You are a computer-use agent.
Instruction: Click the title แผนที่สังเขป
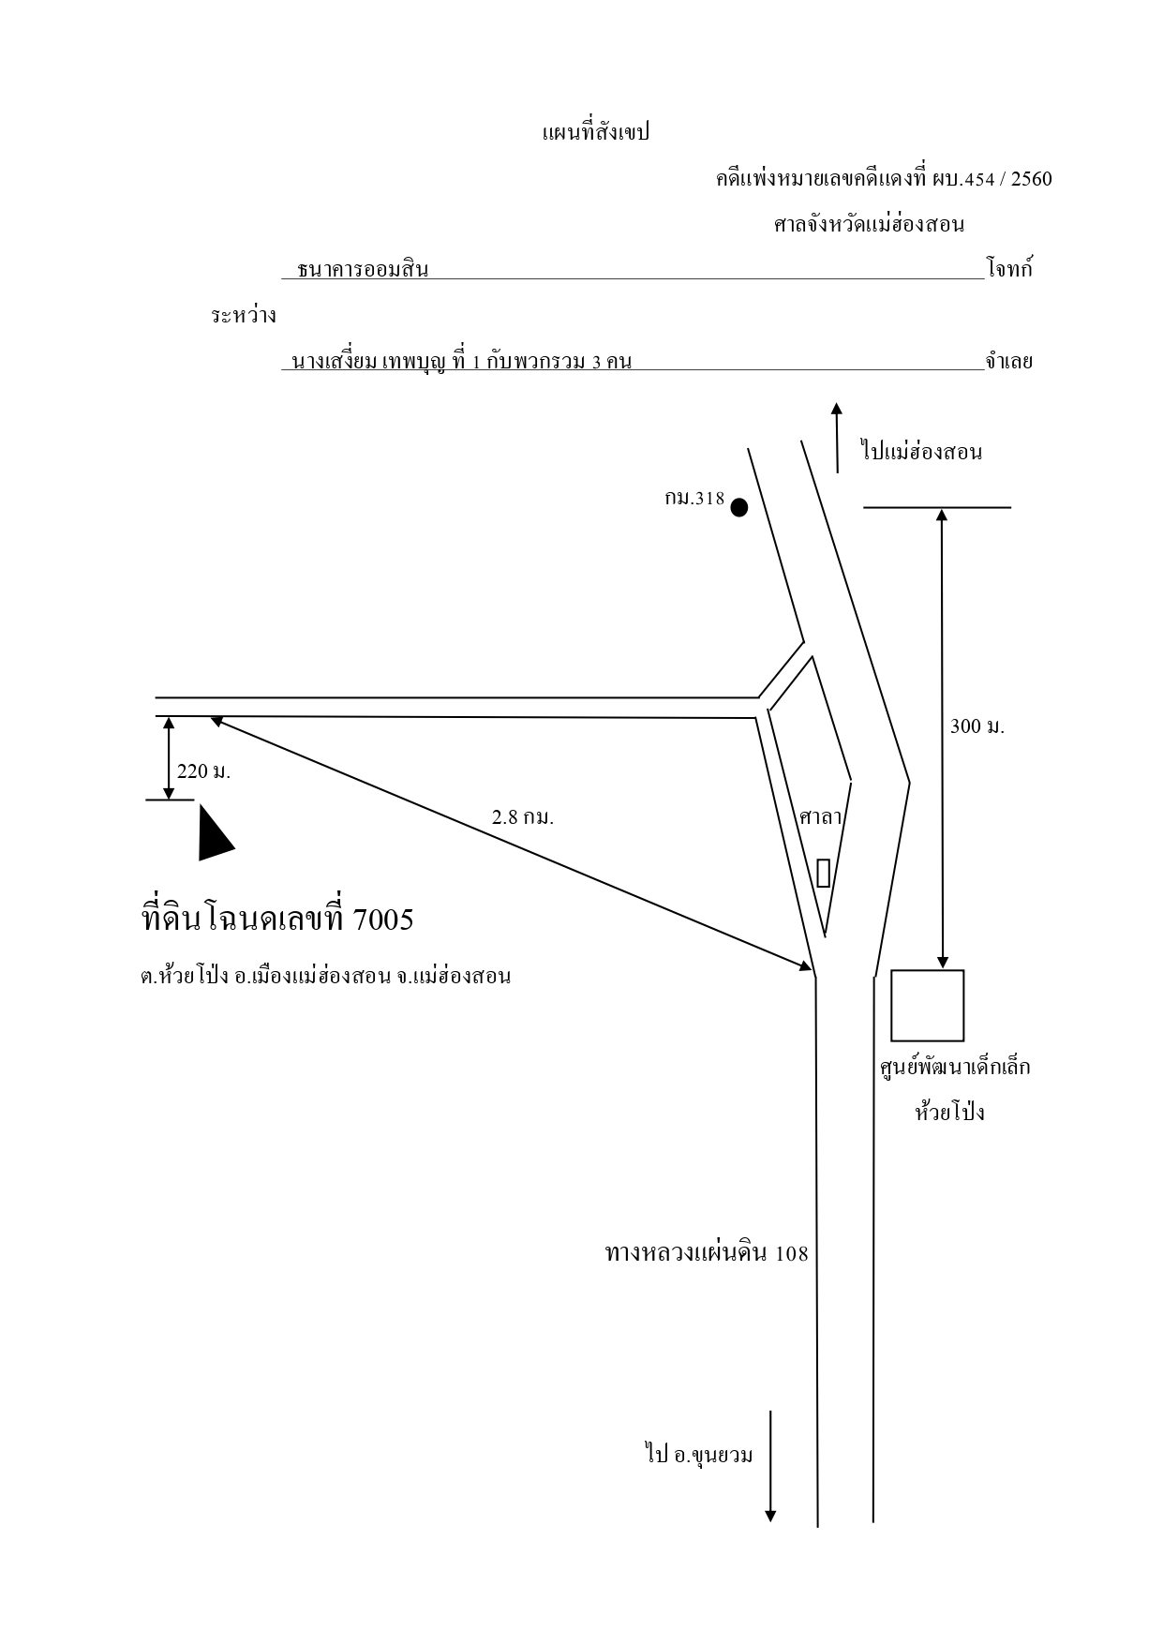pyautogui.click(x=595, y=132)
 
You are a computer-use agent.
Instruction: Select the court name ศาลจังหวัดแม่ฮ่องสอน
pyautogui.click(x=869, y=225)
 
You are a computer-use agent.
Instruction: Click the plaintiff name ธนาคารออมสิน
pyautogui.click(x=363, y=270)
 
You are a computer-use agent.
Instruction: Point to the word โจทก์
pyautogui.click(x=1009, y=269)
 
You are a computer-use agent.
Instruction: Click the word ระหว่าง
pyautogui.click(x=243, y=316)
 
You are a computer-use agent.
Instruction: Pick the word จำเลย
pyautogui.click(x=1008, y=361)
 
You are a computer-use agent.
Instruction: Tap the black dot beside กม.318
pyautogui.click(x=739, y=508)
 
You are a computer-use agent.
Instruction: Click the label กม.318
pyautogui.click(x=694, y=499)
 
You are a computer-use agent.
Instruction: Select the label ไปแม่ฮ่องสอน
pyautogui.click(x=921, y=452)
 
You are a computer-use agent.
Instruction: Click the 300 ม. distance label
pyautogui.click(x=977, y=726)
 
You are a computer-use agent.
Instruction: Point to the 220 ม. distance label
pyautogui.click(x=203, y=772)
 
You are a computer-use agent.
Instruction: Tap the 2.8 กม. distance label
pyautogui.click(x=523, y=816)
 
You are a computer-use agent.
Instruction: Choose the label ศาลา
pyautogui.click(x=821, y=816)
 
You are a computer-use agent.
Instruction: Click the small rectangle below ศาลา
pyautogui.click(x=823, y=873)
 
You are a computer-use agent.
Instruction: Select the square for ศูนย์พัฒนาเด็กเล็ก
pyautogui.click(x=927, y=1006)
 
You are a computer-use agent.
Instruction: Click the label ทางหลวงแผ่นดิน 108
pyautogui.click(x=707, y=1253)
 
